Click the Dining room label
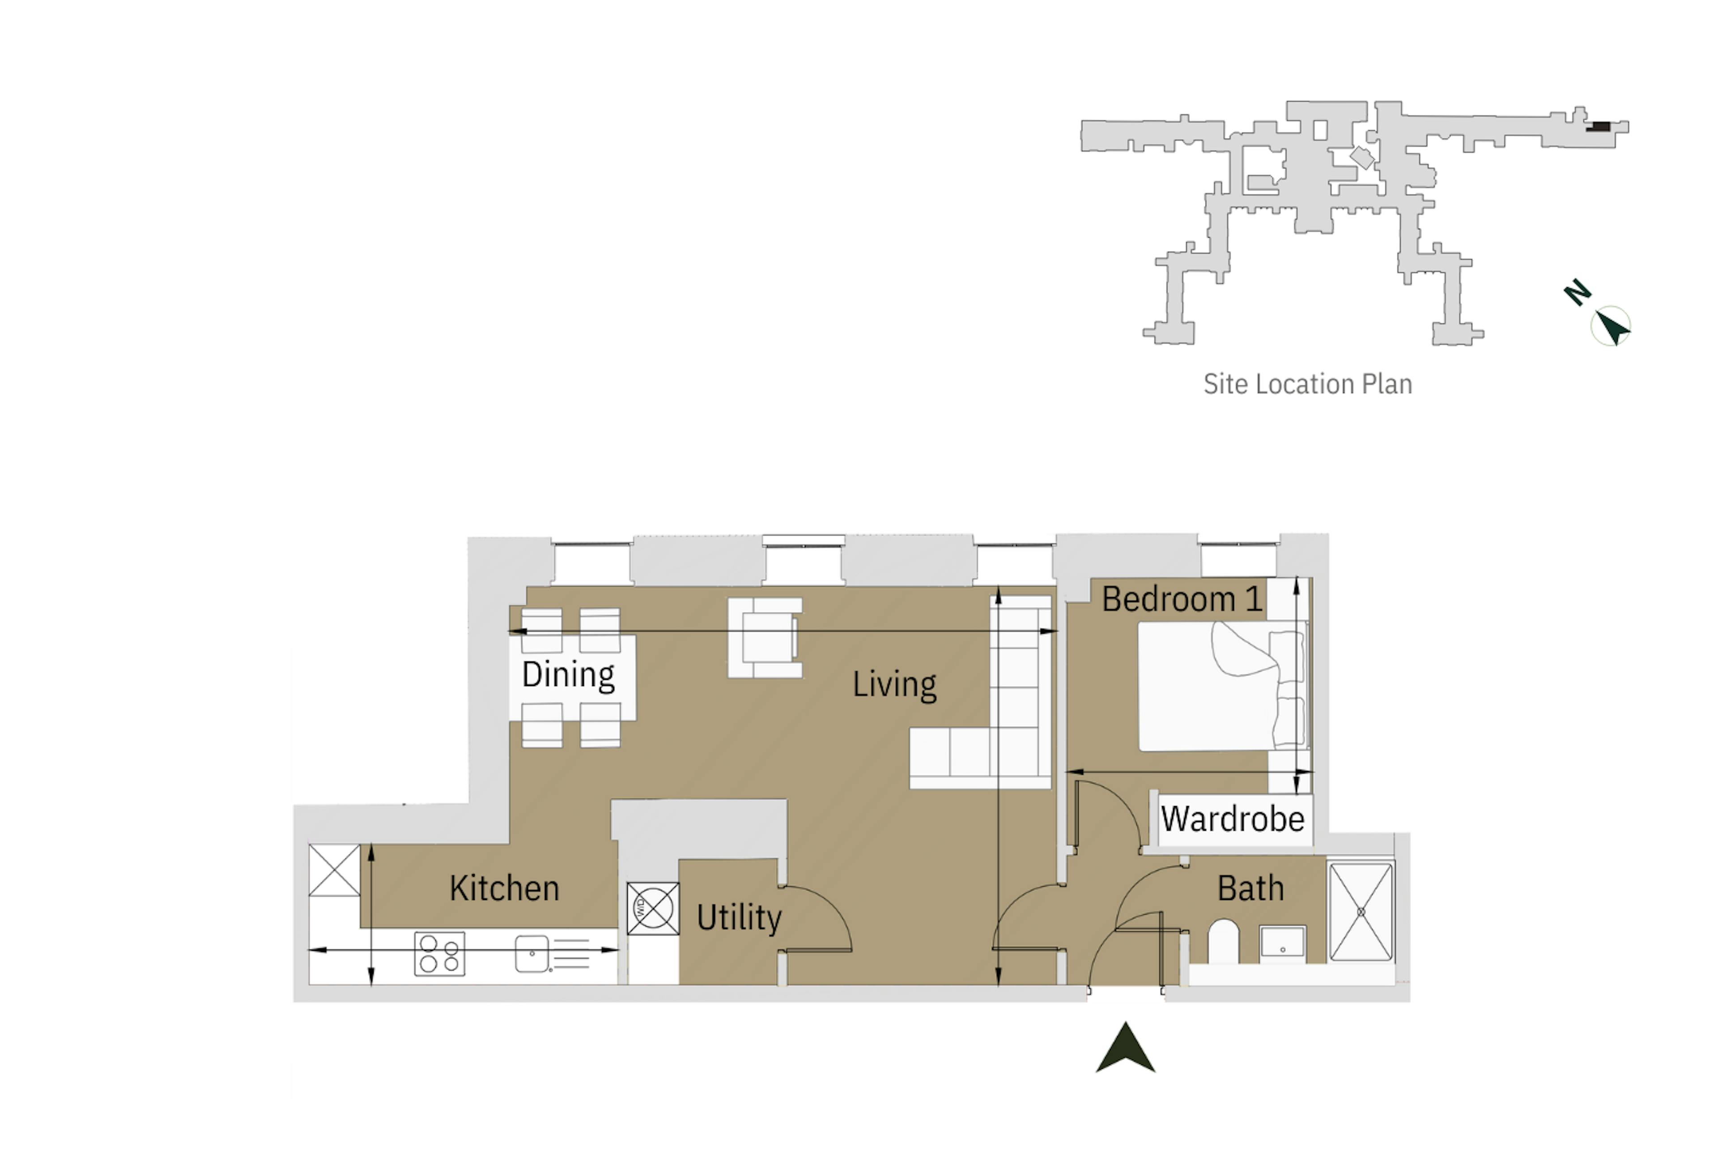568,674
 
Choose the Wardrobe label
1232,819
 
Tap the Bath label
1250,888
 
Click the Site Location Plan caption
1307,384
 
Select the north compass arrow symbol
1610,325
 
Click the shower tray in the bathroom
1360,912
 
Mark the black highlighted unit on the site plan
1597,127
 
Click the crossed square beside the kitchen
334,870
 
